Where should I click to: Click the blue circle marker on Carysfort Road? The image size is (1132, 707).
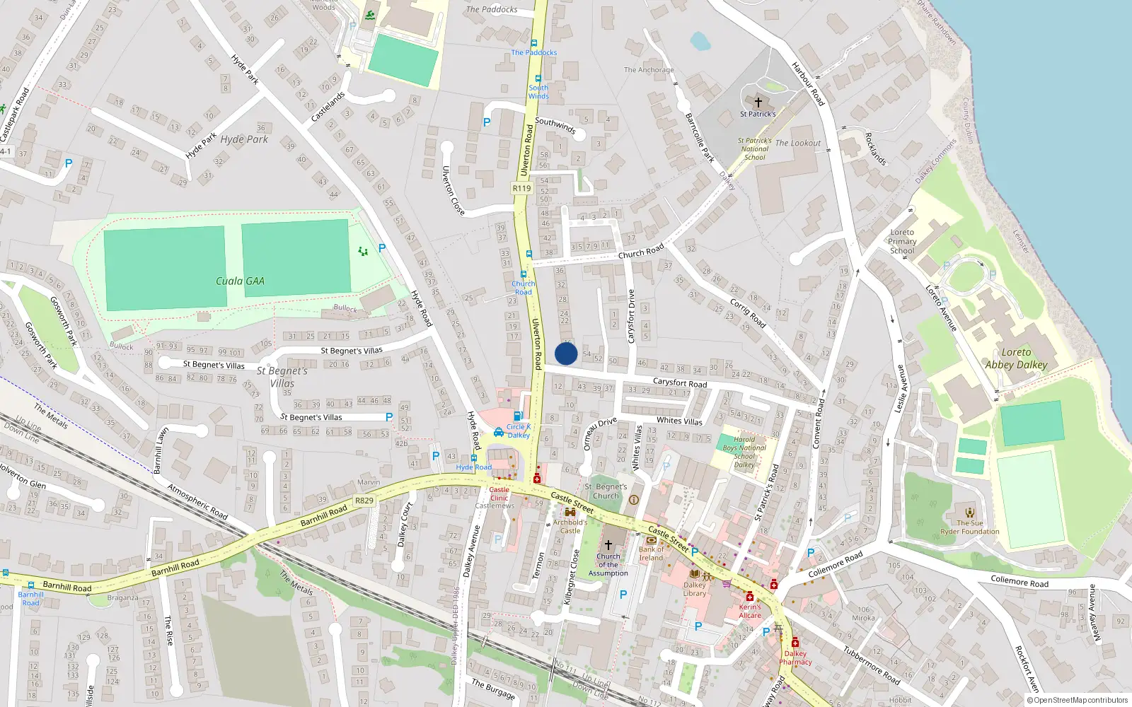(566, 353)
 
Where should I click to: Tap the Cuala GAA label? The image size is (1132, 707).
(240, 281)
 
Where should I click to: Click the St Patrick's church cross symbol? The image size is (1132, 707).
(758, 103)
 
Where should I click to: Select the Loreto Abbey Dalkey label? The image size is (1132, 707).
(1016, 358)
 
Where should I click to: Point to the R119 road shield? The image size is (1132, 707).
(521, 188)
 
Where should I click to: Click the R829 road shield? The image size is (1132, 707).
(364, 501)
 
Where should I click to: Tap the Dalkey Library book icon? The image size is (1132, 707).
(695, 573)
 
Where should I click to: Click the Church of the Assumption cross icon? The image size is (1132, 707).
(608, 544)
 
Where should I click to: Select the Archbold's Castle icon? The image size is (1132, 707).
(570, 513)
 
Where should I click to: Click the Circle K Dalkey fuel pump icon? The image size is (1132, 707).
(519, 416)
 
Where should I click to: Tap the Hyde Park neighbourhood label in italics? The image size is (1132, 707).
(244, 139)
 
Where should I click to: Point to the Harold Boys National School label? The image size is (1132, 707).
(744, 452)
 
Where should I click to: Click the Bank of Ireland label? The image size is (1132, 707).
(651, 554)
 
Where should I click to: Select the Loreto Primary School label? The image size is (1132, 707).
(902, 241)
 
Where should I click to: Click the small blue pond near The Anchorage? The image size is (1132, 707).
(700, 41)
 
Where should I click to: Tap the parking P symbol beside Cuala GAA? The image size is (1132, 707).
(382, 248)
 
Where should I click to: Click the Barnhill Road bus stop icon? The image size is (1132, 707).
(30, 585)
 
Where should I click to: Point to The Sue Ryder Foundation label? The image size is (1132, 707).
(969, 527)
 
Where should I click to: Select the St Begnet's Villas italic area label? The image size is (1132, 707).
(282, 377)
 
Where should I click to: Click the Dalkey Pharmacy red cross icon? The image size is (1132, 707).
(795, 643)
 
